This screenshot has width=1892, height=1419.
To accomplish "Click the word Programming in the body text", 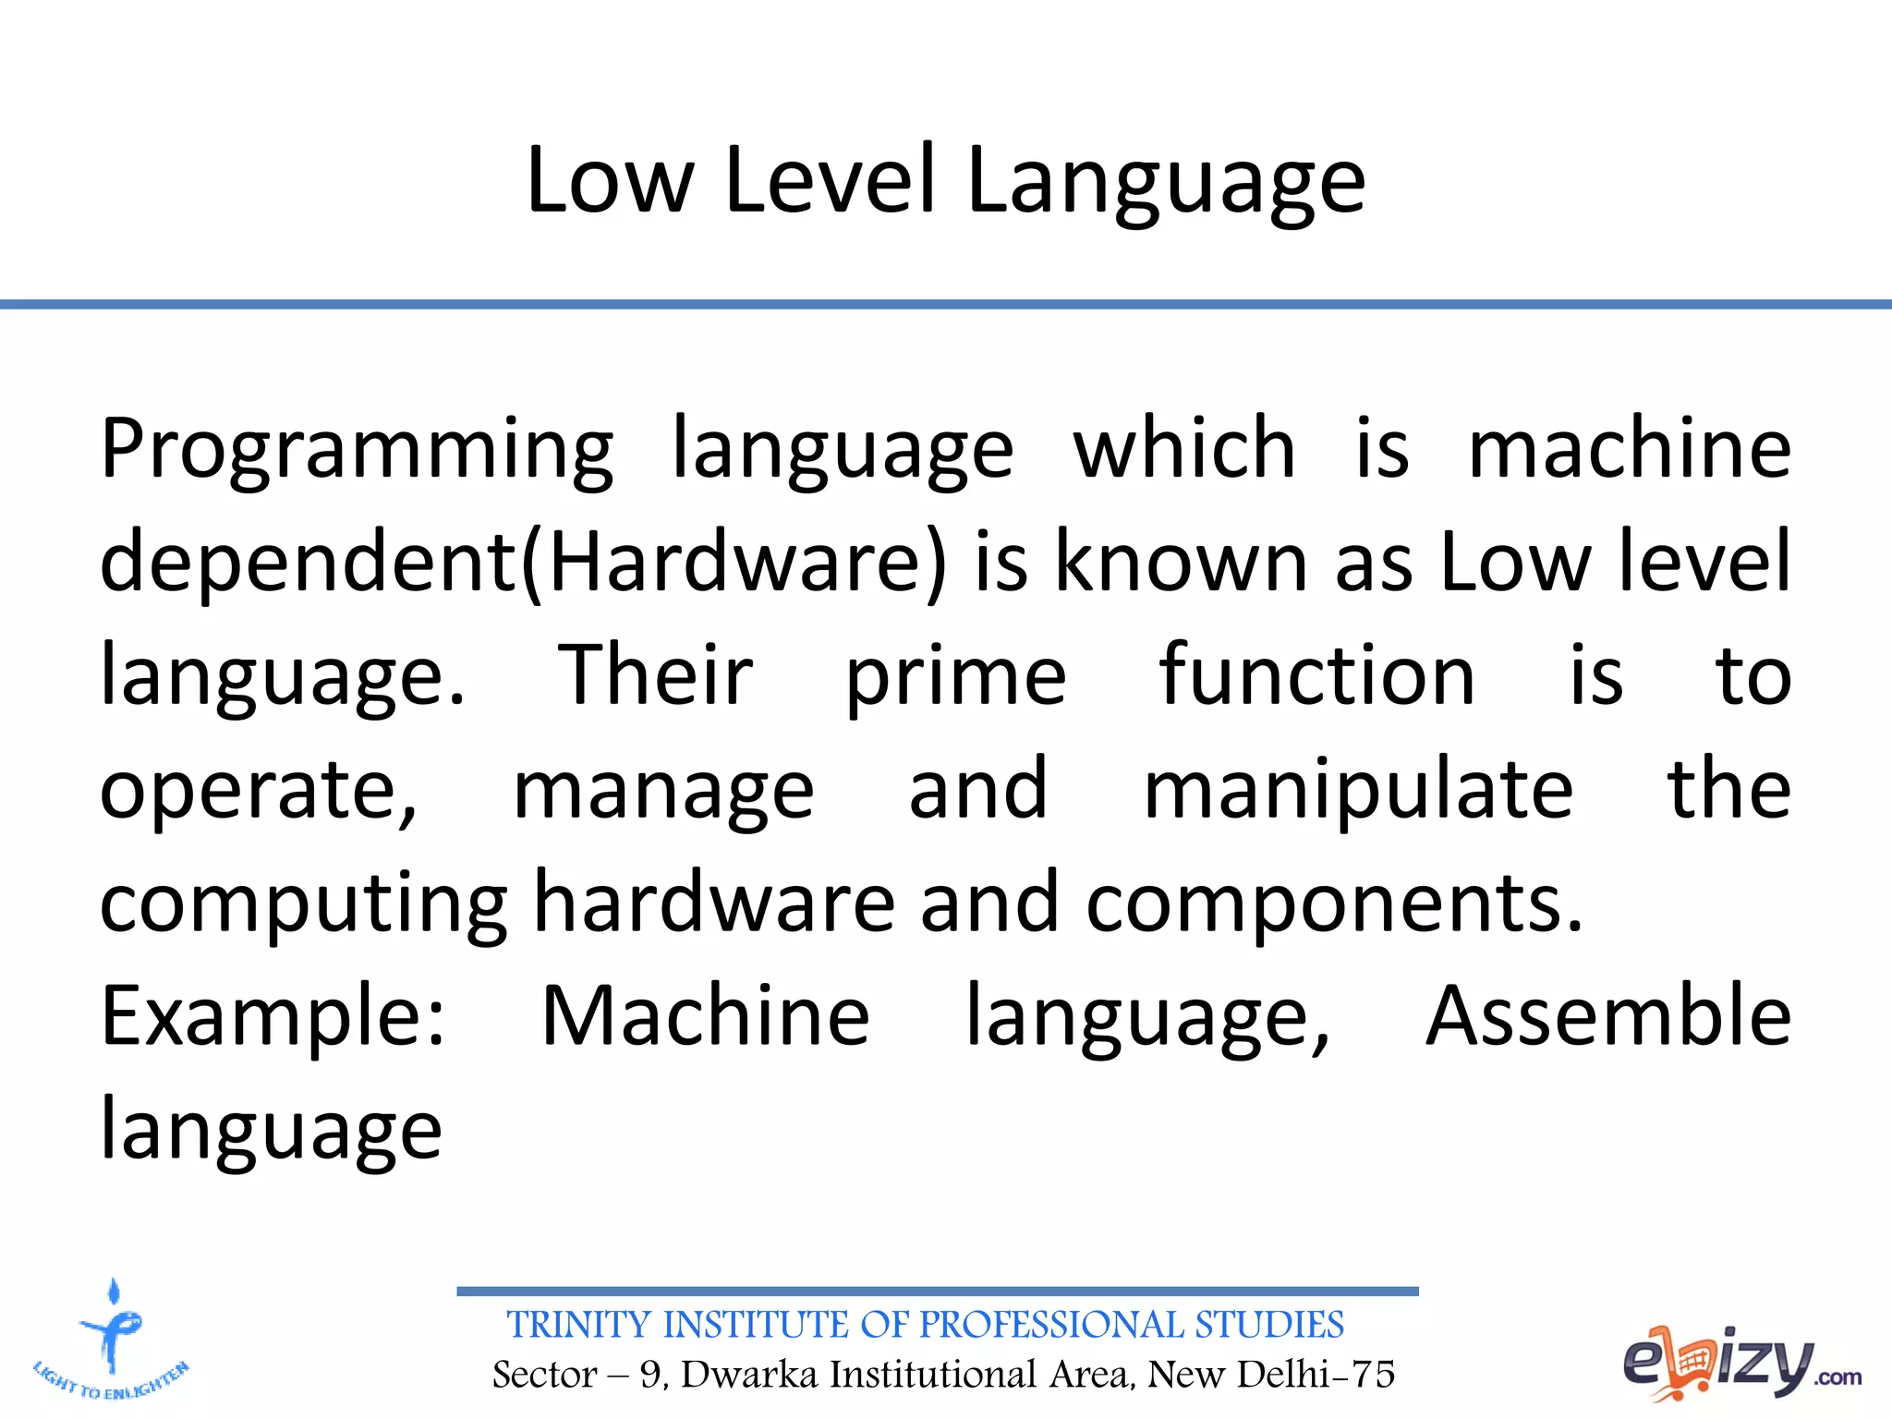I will [x=356, y=451].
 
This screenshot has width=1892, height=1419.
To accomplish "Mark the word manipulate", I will [x=1358, y=791].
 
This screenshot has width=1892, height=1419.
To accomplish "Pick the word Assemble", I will [x=1607, y=1016].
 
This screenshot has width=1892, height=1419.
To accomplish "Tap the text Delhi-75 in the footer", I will [x=1316, y=1375].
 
